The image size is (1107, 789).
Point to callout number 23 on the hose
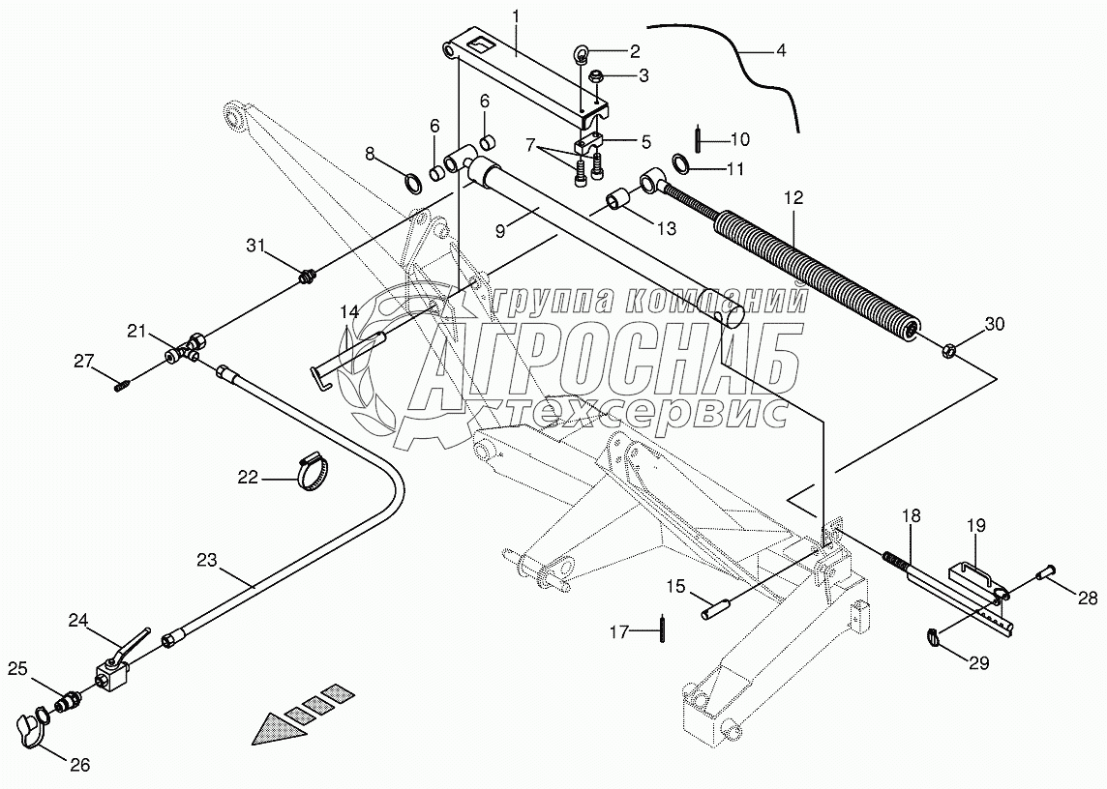pos(209,560)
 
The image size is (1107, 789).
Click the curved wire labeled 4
pos(735,60)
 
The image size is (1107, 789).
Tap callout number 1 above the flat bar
pos(517,16)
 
